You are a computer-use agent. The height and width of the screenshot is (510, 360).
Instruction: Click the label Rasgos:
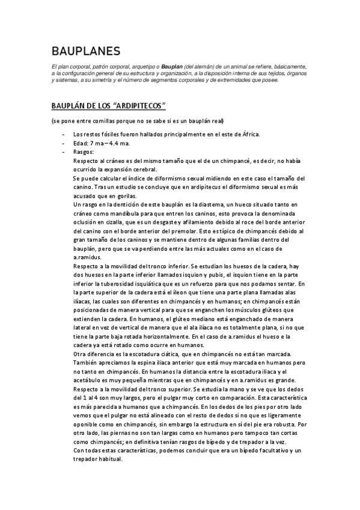[x=83, y=152]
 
